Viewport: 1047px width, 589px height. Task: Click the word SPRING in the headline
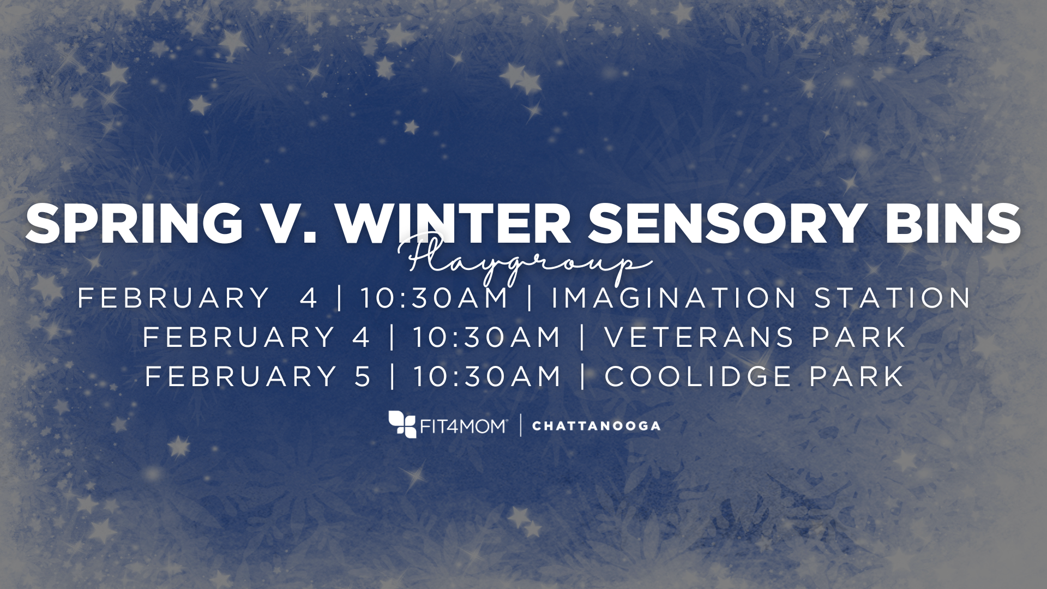pos(134,224)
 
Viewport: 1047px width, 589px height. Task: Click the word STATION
pos(893,298)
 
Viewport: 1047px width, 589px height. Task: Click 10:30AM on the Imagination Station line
pos(434,298)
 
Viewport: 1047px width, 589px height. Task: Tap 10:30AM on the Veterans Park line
pos(487,337)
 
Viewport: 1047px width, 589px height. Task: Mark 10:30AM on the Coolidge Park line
pos(487,376)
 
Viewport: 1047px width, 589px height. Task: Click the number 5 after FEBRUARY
pos(363,376)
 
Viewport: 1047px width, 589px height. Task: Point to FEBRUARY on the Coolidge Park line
pos(240,376)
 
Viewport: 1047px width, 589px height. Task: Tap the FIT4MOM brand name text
pos(464,426)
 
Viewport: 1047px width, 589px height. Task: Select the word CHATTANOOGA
pos(596,426)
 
